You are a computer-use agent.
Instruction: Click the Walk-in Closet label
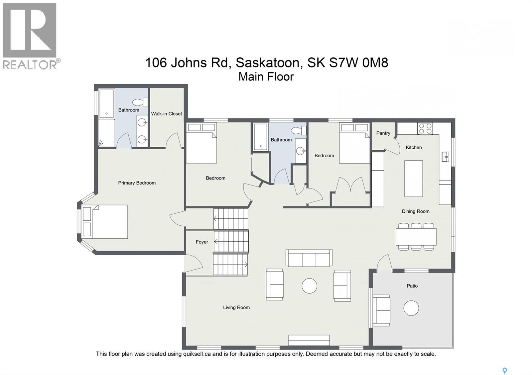(167, 113)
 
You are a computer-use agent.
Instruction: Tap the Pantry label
(383, 133)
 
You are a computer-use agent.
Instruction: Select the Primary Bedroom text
(137, 183)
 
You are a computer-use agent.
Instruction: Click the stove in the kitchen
(425, 128)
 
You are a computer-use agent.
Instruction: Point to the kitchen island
(413, 179)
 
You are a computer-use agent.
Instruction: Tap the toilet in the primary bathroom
(140, 102)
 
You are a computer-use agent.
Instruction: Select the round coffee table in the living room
(309, 285)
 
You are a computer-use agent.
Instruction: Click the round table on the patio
(411, 308)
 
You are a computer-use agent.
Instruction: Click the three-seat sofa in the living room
(309, 258)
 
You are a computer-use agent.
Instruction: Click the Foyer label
(202, 242)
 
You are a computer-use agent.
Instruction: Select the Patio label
(412, 286)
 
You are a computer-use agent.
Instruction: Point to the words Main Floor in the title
(266, 77)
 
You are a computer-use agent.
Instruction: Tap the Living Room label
(236, 307)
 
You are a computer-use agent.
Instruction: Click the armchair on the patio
(381, 310)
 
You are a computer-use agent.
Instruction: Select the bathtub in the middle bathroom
(260, 137)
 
